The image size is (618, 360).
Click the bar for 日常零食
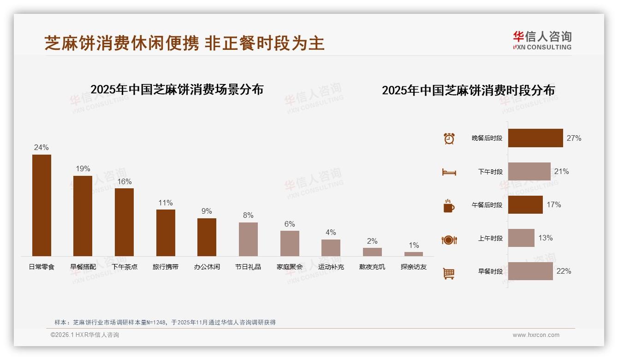pyautogui.click(x=42, y=205)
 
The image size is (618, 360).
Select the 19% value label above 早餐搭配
pyautogui.click(x=83, y=169)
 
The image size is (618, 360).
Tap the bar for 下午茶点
pyautogui.click(x=124, y=222)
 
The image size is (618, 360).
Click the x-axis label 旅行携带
pyautogui.click(x=166, y=267)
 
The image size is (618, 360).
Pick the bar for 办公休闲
pyautogui.click(x=207, y=237)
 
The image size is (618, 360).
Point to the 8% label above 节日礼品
pyautogui.click(x=248, y=216)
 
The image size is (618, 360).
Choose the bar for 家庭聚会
pyautogui.click(x=290, y=243)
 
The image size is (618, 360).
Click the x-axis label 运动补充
pyautogui.click(x=331, y=267)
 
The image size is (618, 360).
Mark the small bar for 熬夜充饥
pyautogui.click(x=372, y=252)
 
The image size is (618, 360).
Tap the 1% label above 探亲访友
pyautogui.click(x=414, y=246)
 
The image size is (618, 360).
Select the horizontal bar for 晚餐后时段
pyautogui.click(x=535, y=138)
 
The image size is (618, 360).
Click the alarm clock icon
pyautogui.click(x=449, y=138)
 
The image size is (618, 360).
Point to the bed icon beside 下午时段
pyautogui.click(x=449, y=172)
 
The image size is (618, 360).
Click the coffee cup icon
pyautogui.click(x=449, y=206)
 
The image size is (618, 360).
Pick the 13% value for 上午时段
pyautogui.click(x=546, y=238)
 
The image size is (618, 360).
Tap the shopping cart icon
pyautogui.click(x=449, y=273)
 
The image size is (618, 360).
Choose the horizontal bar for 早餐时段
pyautogui.click(x=530, y=271)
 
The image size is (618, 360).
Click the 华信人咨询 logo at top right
pyautogui.click(x=542, y=40)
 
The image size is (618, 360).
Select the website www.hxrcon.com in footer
pyautogui.click(x=536, y=335)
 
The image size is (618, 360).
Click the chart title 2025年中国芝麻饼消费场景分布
pyautogui.click(x=177, y=90)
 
